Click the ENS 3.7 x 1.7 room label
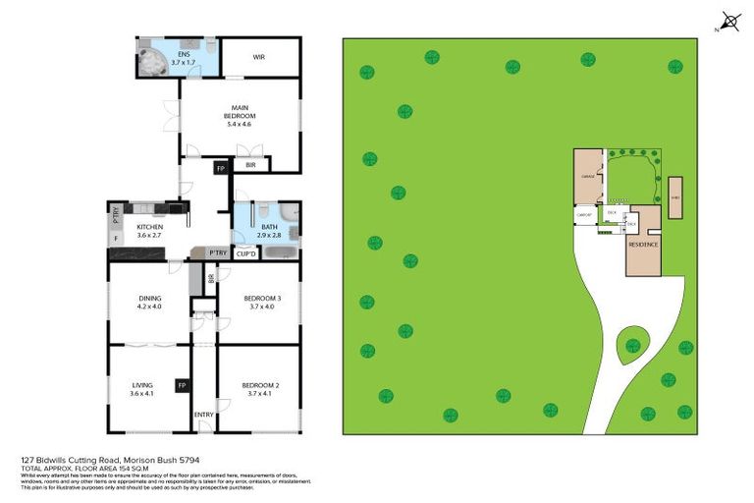[x=184, y=58]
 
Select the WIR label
[x=259, y=57]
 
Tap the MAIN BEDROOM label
[x=240, y=116]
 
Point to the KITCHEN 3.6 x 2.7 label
[x=149, y=232]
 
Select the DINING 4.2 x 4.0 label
[x=149, y=303]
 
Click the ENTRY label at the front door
[x=204, y=415]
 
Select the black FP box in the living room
[x=182, y=386]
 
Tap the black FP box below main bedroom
[x=220, y=169]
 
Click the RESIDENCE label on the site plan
[x=643, y=243]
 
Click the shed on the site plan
[x=675, y=196]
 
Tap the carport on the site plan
[x=584, y=214]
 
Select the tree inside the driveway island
[x=633, y=345]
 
